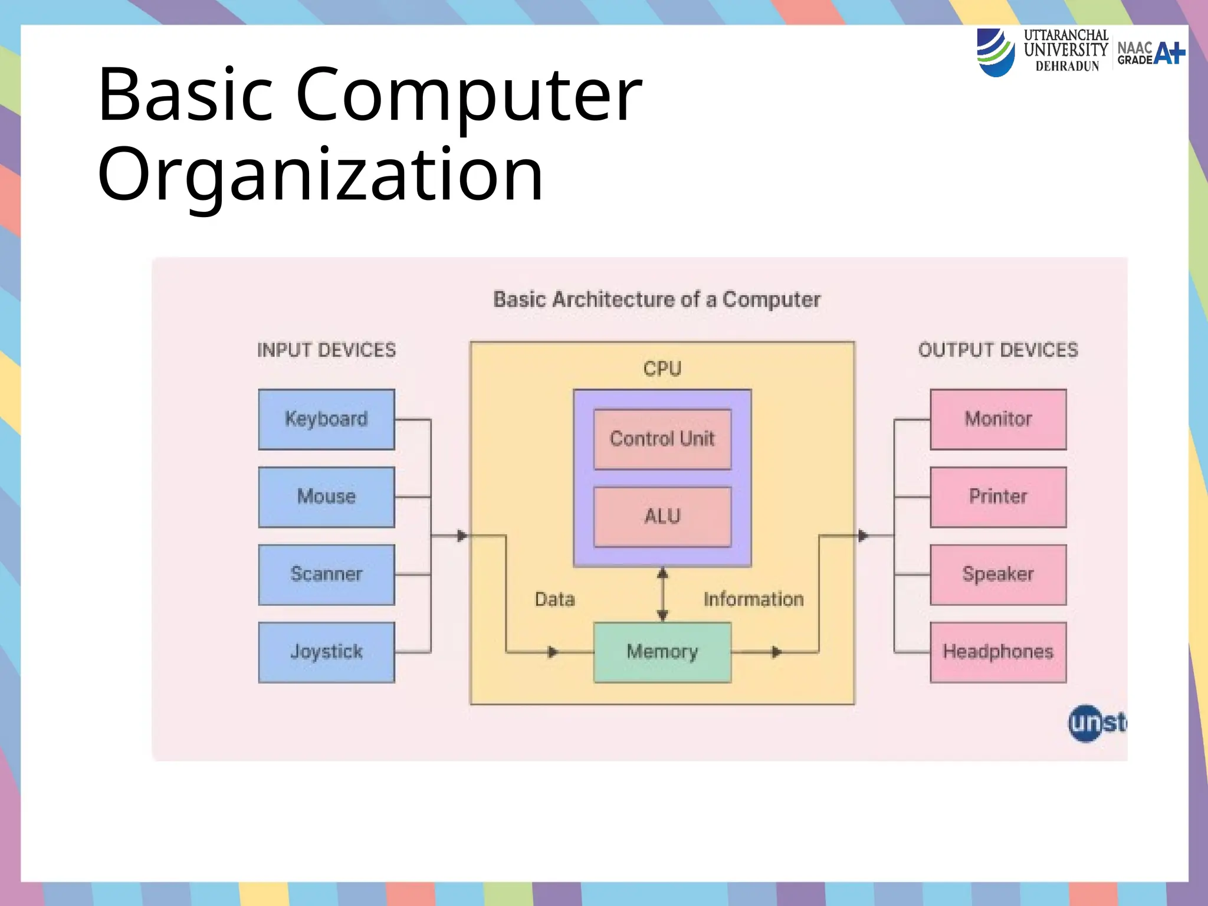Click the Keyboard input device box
click(x=326, y=419)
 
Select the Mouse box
click(x=326, y=497)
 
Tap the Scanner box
click(x=326, y=575)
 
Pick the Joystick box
click(x=326, y=652)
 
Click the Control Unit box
click(x=662, y=439)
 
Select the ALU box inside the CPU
click(x=662, y=517)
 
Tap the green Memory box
click(x=662, y=652)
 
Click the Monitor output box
click(x=998, y=419)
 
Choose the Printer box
click(x=998, y=497)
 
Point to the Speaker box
click(x=998, y=575)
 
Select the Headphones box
click(x=998, y=652)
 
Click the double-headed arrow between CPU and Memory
click(x=662, y=595)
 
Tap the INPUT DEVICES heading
click(x=326, y=350)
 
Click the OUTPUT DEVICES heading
click(x=998, y=350)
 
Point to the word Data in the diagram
click(x=554, y=600)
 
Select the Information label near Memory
click(x=753, y=600)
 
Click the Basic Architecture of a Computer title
click(x=656, y=300)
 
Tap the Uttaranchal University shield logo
click(x=995, y=52)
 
